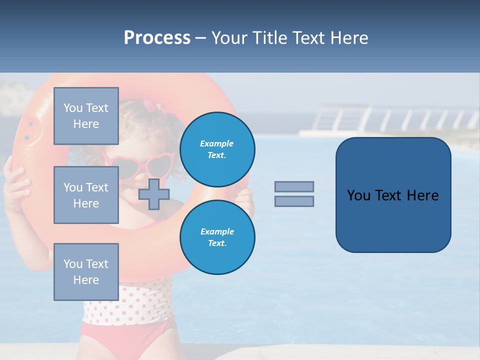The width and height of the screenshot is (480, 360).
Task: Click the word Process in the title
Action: tap(157, 38)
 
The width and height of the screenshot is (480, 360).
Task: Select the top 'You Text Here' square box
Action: tap(86, 116)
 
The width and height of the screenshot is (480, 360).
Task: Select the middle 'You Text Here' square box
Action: tap(86, 195)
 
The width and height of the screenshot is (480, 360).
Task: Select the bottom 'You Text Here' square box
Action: tap(86, 271)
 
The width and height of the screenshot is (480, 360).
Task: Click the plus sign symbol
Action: tap(153, 194)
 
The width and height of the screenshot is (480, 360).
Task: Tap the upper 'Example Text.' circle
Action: tap(217, 149)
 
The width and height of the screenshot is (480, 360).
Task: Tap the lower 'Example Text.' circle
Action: tap(217, 237)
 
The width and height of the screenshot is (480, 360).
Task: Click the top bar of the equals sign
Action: tap(294, 186)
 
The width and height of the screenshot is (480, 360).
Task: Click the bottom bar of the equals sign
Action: tap(294, 201)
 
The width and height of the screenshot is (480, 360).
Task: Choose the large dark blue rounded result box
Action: tap(393, 195)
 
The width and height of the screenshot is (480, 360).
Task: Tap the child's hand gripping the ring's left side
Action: tap(16, 185)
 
